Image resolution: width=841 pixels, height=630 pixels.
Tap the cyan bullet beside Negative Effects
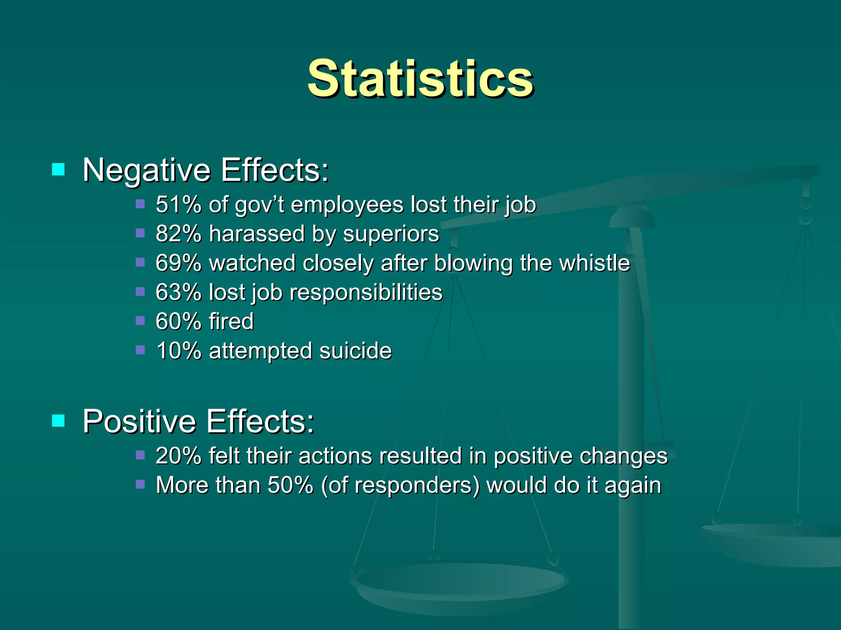tap(58, 169)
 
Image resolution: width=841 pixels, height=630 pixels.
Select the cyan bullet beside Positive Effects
tap(58, 420)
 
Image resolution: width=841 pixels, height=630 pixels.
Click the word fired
tap(231, 321)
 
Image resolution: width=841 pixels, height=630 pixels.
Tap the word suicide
tap(356, 351)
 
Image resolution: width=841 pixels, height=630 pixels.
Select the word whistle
tap(595, 263)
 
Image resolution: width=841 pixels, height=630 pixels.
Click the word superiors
tap(391, 234)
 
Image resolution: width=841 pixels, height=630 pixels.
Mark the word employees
tap(347, 205)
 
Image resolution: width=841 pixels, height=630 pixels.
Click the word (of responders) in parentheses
tap(400, 486)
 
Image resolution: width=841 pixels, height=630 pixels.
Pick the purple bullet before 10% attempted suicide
tap(140, 350)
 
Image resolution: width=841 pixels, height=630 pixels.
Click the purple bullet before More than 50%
tap(140, 484)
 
